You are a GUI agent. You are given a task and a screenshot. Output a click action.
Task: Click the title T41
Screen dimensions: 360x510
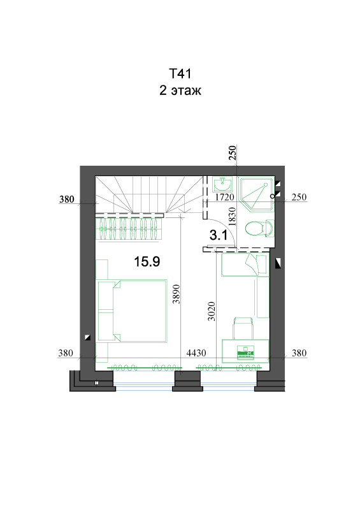tap(180, 74)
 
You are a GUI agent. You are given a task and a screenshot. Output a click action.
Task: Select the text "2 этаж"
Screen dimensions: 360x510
tap(180, 91)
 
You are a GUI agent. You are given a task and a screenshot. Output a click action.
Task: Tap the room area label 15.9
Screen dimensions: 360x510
tap(147, 261)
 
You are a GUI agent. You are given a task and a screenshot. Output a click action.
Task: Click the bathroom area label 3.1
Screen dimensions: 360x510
tap(219, 235)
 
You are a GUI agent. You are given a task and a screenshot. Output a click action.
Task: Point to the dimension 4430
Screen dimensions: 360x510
tap(196, 353)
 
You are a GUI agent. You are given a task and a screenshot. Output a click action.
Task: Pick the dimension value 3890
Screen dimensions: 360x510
tap(176, 294)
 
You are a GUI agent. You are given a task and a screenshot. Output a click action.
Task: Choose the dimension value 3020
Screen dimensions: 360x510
tap(212, 311)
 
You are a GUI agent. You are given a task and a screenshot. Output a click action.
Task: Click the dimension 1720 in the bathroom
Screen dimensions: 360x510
tap(225, 197)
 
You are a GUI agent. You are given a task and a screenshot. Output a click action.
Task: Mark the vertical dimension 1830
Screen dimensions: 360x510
tap(232, 217)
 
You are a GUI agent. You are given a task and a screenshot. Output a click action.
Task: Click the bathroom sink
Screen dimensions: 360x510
tap(223, 184)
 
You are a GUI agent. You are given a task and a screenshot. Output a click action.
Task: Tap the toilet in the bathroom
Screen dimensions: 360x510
tap(260, 228)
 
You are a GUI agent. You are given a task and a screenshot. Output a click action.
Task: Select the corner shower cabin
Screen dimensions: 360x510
tap(256, 194)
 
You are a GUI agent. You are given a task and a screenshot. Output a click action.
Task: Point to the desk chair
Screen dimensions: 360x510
tap(243, 328)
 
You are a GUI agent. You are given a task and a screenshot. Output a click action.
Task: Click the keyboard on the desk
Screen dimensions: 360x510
tap(246, 353)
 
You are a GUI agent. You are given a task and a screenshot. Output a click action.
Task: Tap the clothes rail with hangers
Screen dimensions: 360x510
tap(130, 229)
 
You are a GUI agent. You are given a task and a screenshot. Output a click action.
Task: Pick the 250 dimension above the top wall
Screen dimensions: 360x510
tap(232, 153)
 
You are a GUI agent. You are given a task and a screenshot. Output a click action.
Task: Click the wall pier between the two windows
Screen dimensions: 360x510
tap(187, 381)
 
